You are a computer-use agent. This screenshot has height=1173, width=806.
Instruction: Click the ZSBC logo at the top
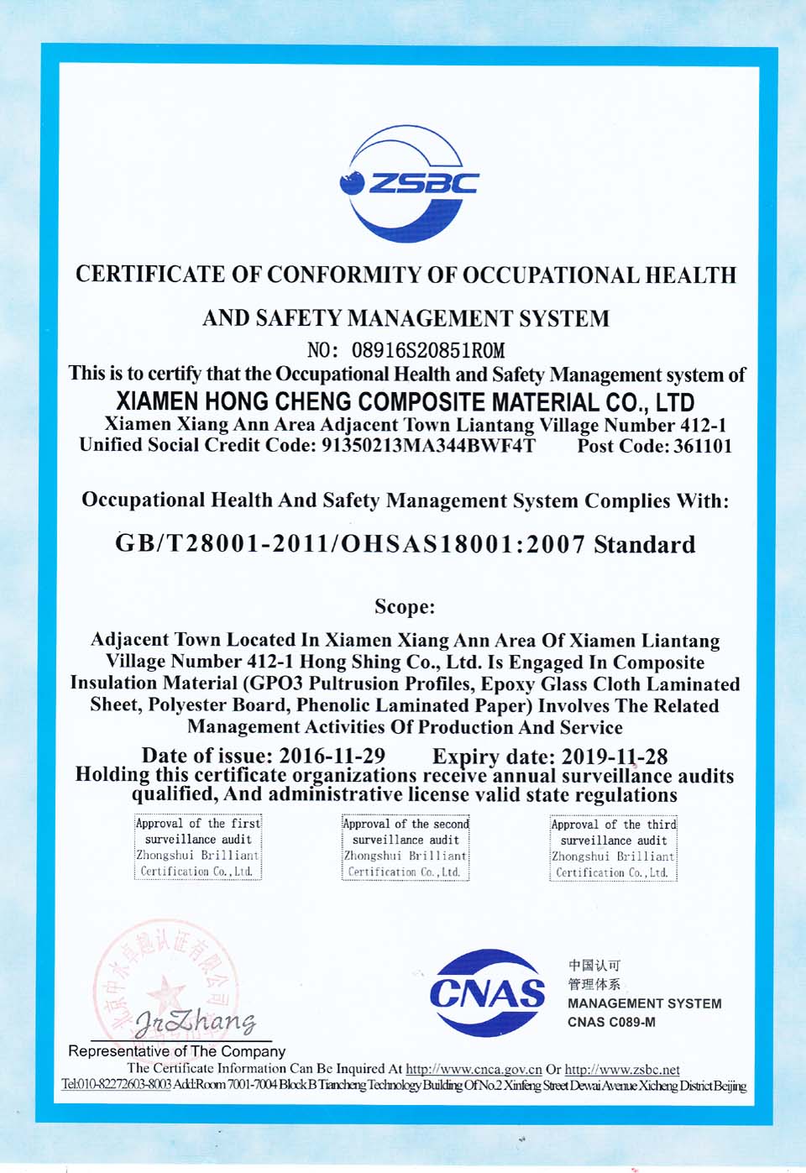point(408,183)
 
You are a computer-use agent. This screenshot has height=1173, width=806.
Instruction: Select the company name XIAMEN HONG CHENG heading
point(405,401)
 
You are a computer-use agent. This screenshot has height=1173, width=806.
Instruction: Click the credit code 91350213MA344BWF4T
point(427,446)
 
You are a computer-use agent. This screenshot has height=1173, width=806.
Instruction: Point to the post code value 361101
point(702,446)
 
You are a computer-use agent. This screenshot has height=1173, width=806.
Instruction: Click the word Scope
point(404,607)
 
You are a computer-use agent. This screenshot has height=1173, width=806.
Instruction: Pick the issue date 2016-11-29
point(332,756)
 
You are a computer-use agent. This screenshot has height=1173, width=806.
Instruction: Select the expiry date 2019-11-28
point(614,756)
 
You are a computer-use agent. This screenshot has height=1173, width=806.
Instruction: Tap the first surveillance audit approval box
point(198,847)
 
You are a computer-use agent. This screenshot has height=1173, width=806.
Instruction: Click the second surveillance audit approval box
point(406,847)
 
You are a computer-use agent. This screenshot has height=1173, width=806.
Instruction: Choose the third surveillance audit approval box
point(614,848)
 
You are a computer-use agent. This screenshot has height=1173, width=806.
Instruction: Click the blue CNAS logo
point(486,993)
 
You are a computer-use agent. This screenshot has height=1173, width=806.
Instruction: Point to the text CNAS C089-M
point(611,1022)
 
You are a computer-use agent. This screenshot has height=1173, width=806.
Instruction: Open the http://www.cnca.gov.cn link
point(474,1070)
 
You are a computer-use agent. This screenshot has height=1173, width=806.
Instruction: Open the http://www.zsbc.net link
point(622,1070)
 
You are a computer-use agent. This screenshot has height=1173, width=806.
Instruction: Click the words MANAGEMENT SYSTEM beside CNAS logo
point(644,1003)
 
